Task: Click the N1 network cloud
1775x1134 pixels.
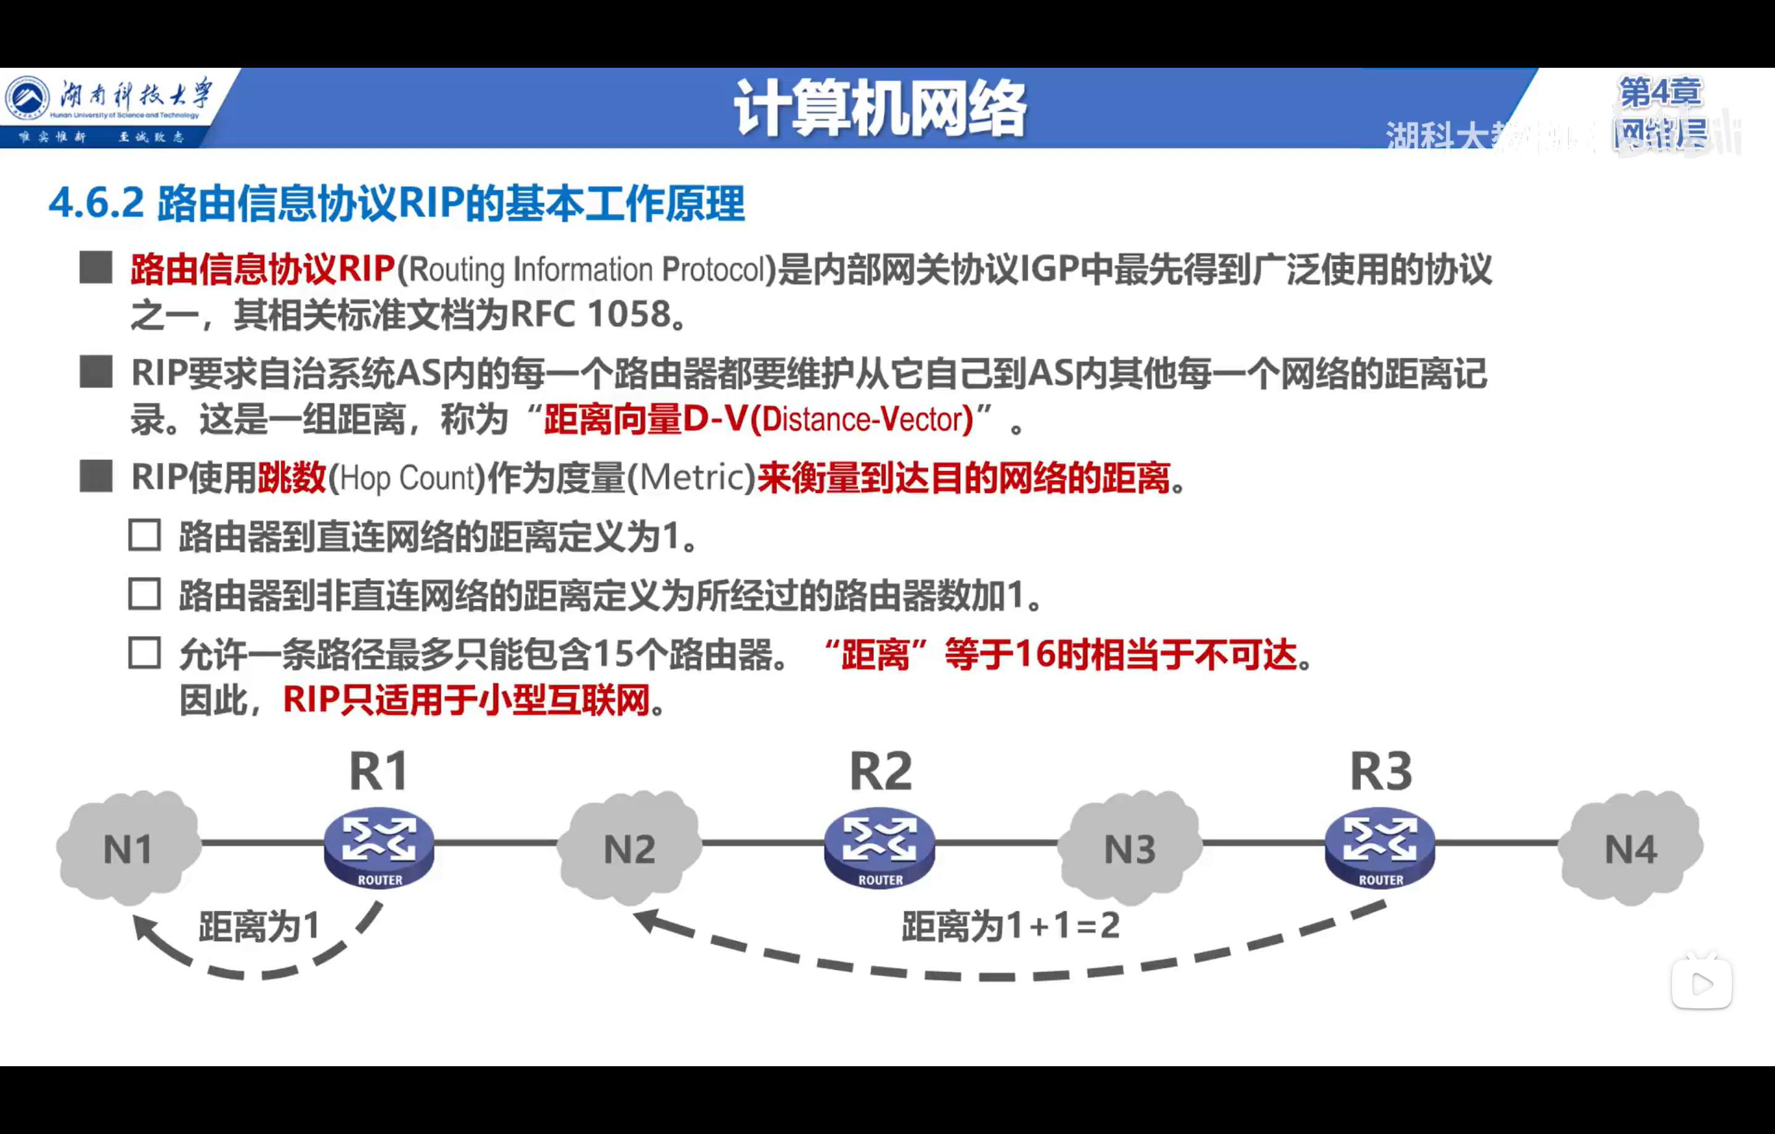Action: pos(128,848)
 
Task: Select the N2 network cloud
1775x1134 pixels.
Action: pos(629,848)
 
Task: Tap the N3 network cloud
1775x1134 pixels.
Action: pos(1129,848)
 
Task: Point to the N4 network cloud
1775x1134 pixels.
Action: pos(1631,848)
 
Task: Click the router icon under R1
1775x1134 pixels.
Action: pos(379,848)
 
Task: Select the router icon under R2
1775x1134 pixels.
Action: pos(879,848)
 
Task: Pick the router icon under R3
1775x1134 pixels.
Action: pos(1380,848)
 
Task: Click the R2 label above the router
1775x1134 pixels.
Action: pos(880,771)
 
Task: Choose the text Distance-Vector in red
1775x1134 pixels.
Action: pos(862,420)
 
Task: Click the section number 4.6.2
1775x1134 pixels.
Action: pos(96,203)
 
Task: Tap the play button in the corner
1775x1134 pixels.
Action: pos(1701,984)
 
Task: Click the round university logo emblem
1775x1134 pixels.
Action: pos(28,98)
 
